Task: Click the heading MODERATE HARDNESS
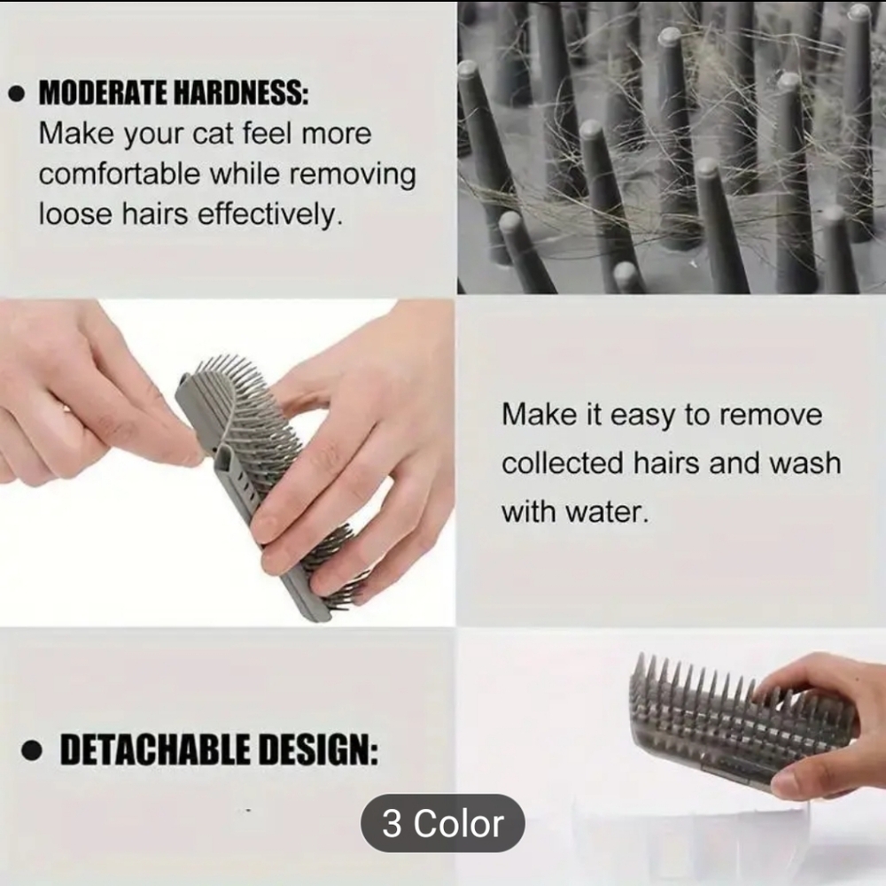(x=174, y=95)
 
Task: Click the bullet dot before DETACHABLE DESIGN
(x=33, y=752)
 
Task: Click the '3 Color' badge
(x=442, y=823)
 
